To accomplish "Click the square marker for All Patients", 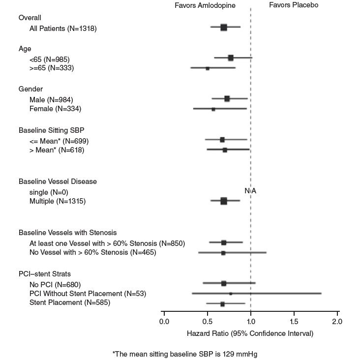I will pos(224,28).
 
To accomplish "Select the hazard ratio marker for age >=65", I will pos(208,68).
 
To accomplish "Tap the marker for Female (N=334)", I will pos(213,109).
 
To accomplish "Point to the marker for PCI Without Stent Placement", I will pos(231,294).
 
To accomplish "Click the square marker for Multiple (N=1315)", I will pos(224,201).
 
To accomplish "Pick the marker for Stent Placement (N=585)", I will pos(222,304).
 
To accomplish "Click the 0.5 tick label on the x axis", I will pos(207,322).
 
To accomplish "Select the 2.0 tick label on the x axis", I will pos(337,322).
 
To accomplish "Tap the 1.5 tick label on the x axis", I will pos(294,322).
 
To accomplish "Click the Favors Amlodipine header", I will pos(205,5).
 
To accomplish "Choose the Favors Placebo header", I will pos(294,5).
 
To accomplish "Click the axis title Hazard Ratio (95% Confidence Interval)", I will pos(250,333).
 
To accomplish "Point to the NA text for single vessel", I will pos(250,191).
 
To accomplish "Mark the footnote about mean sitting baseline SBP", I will pos(185,354).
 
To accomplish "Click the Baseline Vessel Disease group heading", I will pos(58,181).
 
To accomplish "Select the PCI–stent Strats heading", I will pos(45,274).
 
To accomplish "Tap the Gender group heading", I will pos(30,89).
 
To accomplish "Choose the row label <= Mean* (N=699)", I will pos(59,141).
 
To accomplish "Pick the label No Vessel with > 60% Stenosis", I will pos(92,253).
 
